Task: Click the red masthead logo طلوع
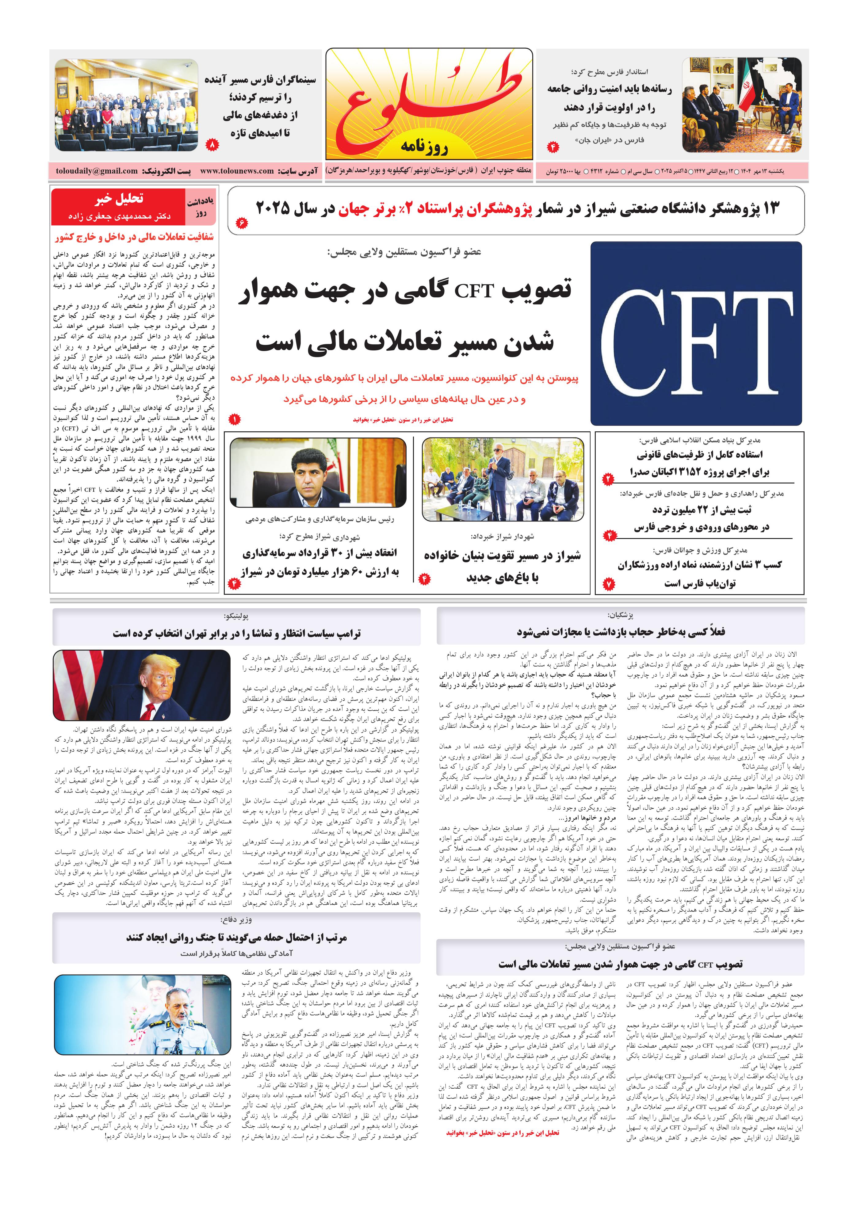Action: click(429, 102)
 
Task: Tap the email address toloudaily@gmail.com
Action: click(97, 171)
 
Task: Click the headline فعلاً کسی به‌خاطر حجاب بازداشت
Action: click(621, 631)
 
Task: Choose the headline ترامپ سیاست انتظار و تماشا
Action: click(237, 633)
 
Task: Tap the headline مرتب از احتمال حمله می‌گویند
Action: click(237, 937)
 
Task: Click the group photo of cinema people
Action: click(126, 105)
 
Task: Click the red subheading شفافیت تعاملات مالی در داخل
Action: click(134, 237)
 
